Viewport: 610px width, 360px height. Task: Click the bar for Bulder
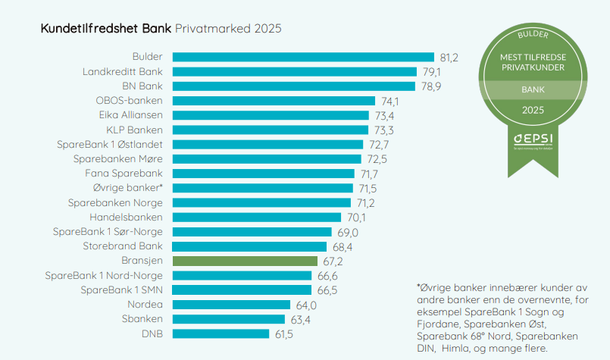[303, 57]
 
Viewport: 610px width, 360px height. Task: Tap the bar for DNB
[221, 333]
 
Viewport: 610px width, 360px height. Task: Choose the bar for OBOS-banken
[274, 101]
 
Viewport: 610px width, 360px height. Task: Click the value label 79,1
[430, 72]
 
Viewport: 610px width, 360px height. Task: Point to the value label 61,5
[283, 333]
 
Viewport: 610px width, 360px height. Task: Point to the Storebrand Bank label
[123, 246]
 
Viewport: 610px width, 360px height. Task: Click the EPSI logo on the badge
[532, 139]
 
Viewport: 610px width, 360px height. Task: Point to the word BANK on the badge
[532, 89]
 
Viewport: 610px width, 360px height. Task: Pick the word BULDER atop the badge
[532, 35]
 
